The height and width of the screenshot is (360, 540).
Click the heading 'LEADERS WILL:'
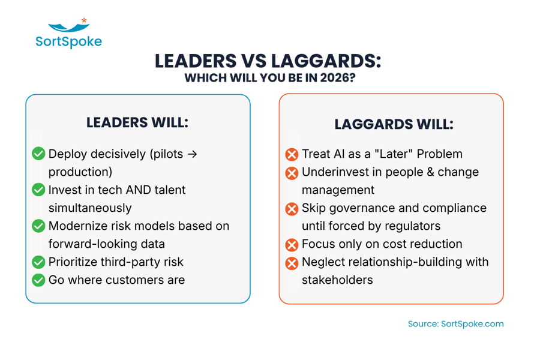(137, 122)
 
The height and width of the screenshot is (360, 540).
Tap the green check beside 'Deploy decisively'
(38, 154)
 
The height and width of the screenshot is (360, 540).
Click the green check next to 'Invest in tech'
(38, 190)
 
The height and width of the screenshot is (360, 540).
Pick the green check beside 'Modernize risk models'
(38, 226)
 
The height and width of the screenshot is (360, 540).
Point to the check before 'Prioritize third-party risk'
(38, 262)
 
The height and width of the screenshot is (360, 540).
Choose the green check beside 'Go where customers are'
(38, 280)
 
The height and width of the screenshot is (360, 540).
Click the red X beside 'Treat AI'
(292, 154)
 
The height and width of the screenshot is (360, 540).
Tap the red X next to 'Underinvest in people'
(292, 173)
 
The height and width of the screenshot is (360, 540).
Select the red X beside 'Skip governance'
(292, 209)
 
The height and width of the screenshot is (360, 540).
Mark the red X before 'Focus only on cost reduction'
(292, 245)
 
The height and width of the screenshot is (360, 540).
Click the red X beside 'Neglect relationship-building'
(292, 263)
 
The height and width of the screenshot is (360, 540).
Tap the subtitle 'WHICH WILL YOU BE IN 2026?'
(269, 78)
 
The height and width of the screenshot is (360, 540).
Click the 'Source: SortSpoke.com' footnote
(455, 324)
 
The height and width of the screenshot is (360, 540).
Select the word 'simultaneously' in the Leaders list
(90, 208)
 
